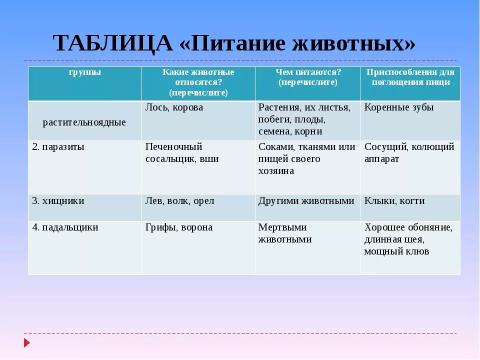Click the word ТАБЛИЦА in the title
pos(112,43)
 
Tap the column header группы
pos(85,73)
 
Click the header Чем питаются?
pos(308,72)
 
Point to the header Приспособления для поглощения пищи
pos(410,77)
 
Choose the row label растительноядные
pos(84,122)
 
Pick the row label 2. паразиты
pos(58,147)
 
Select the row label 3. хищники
pos(58,201)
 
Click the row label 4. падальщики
pos(65,228)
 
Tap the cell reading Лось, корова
pos(174,108)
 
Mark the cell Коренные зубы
pos(399,107)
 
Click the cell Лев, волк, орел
pos(179,201)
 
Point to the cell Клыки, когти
pos(394,201)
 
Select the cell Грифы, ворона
pos(179,227)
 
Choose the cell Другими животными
pos(306,201)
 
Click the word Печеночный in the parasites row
pos(173,146)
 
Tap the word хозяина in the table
pos(276,171)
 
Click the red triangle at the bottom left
pos(27,343)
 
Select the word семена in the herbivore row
pos(274,131)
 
